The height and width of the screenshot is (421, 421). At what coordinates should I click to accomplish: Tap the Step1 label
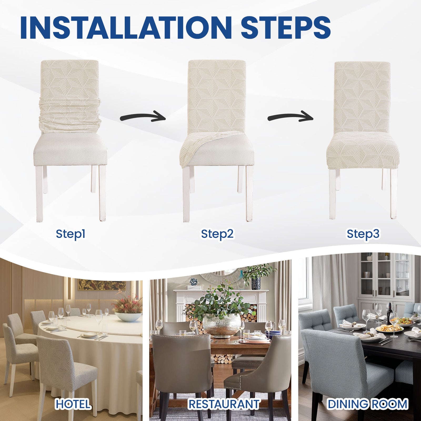[x=71, y=234]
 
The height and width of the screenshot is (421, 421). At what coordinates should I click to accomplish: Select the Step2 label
[x=217, y=234]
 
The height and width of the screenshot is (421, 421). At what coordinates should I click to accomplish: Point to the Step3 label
[x=363, y=234]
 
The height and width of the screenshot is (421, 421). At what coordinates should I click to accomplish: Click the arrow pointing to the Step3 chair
[x=290, y=116]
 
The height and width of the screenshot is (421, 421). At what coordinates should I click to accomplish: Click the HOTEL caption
[x=73, y=404]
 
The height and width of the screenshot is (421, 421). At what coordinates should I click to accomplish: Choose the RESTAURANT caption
[x=224, y=404]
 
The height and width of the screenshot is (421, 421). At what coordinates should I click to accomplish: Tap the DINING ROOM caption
[x=367, y=404]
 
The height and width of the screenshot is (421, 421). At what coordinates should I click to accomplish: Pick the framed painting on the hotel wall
[x=102, y=285]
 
